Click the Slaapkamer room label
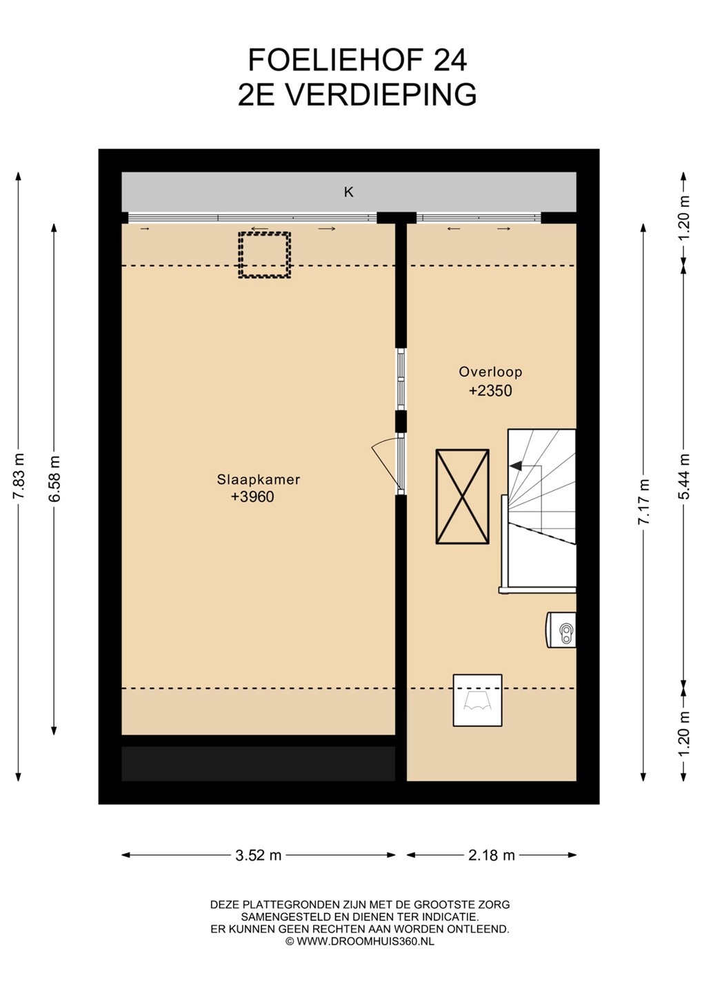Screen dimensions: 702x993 pos(259,480)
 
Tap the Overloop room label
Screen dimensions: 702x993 pos(490,372)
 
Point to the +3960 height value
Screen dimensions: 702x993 pos(252,497)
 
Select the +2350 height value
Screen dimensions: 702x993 pos(490,390)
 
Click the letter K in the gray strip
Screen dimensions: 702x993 pos(349,192)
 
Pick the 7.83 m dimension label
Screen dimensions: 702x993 pos(19,476)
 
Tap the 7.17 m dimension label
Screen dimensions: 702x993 pos(643,501)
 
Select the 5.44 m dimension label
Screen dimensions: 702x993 pos(684,476)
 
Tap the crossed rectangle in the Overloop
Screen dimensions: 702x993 pos(462,496)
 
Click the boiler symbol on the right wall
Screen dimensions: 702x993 pos(561,630)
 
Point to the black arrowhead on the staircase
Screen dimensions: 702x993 pos(515,466)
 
